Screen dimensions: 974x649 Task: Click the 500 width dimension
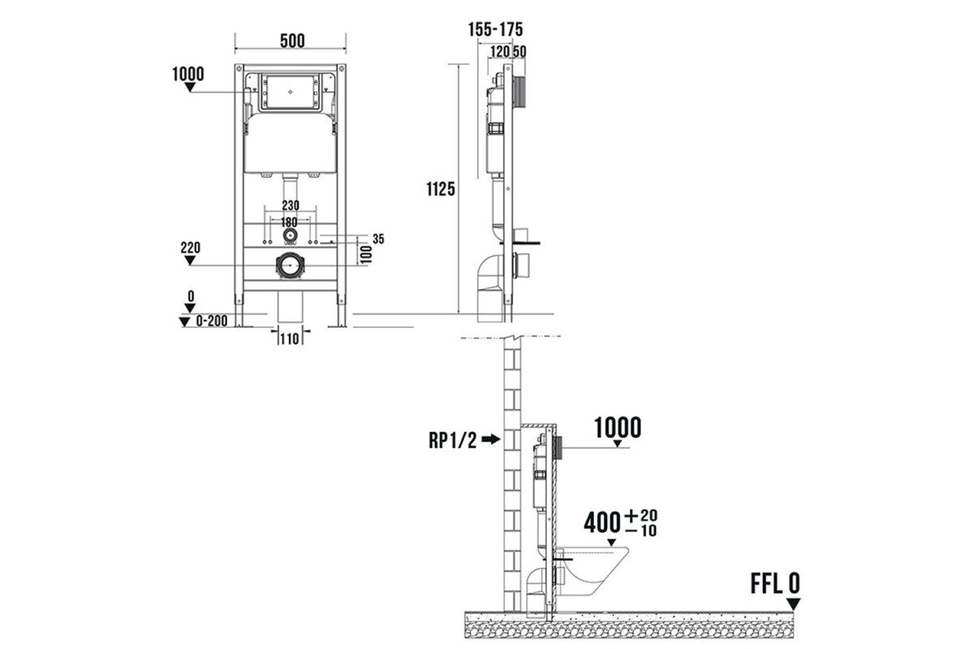tap(292, 41)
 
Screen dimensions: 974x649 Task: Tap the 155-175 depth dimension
tap(495, 29)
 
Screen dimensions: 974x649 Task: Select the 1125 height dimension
tap(441, 189)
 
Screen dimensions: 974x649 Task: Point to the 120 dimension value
tap(500, 52)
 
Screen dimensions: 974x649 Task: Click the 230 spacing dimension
tap(291, 205)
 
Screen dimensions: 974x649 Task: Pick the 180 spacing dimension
tap(289, 222)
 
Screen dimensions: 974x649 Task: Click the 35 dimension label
tap(378, 239)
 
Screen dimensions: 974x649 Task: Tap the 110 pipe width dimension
tap(290, 338)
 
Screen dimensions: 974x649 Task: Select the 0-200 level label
tap(212, 321)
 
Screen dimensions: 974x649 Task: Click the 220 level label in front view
tap(191, 247)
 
